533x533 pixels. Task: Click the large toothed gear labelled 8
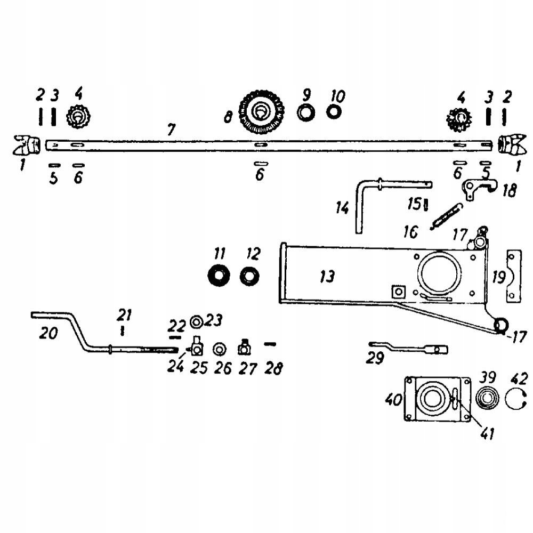click(261, 112)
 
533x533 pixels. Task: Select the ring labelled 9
click(306, 113)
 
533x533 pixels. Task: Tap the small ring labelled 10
click(334, 112)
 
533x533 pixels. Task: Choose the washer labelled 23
click(196, 321)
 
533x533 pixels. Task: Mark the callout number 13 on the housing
click(327, 277)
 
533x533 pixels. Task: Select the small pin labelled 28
click(270, 344)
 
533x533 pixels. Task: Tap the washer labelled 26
click(219, 349)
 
